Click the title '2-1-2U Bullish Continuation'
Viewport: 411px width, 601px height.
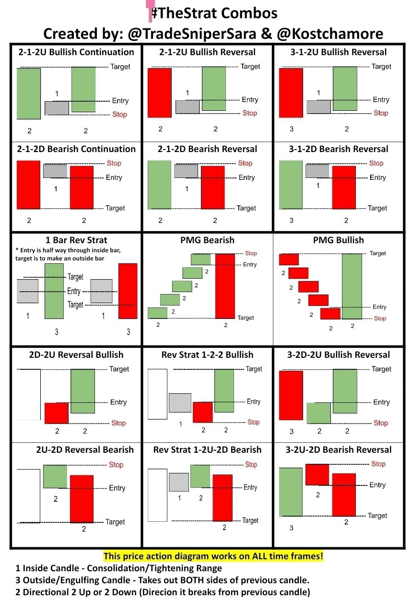tap(76, 52)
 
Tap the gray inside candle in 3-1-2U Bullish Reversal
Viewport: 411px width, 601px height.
tap(318, 107)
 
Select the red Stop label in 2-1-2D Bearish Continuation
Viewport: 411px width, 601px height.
tap(114, 163)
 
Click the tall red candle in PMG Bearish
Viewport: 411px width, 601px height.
tap(225, 286)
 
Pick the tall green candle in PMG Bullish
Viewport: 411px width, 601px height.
tap(352, 286)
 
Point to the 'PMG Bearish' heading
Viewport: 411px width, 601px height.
tap(208, 240)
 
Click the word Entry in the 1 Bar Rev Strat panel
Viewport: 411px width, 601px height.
tap(74, 291)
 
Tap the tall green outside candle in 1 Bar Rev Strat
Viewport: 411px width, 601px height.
tap(54, 291)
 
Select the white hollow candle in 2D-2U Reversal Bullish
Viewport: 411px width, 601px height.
tap(28, 394)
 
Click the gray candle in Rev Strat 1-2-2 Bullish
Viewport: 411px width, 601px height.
tap(180, 402)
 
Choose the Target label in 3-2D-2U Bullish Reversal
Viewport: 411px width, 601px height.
tap(381, 369)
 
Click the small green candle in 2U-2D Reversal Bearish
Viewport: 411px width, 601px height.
tap(55, 476)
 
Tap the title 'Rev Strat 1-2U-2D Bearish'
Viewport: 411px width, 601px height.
tap(208, 450)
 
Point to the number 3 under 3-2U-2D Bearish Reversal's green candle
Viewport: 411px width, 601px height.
tap(291, 528)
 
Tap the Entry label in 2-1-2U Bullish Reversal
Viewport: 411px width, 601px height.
tap(250, 100)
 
